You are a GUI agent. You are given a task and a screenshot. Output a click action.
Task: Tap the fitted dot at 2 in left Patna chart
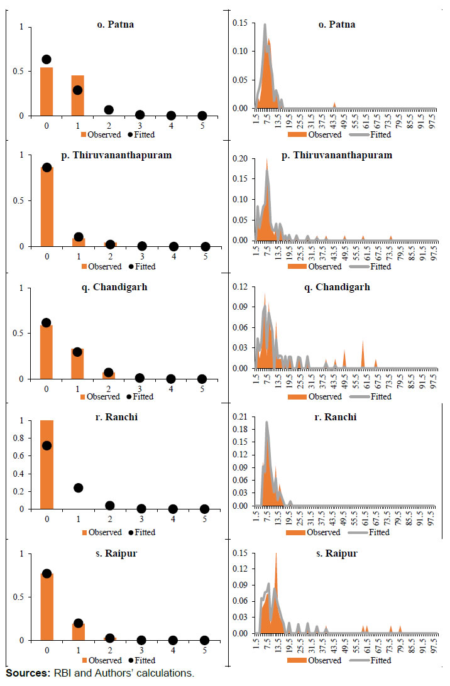tap(109, 109)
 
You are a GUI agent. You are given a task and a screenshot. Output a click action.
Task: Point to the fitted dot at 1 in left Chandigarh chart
tap(77, 352)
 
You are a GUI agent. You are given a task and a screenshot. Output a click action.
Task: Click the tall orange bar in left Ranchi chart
tap(47, 465)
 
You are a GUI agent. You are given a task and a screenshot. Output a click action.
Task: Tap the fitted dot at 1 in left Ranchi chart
tap(77, 487)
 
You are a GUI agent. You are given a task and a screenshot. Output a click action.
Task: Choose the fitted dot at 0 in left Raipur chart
tap(47, 574)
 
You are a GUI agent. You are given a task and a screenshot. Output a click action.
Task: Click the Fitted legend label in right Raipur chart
tap(380, 660)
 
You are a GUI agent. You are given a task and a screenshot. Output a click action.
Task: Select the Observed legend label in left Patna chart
tap(105, 134)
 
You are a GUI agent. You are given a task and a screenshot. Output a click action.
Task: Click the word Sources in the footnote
tap(25, 673)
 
